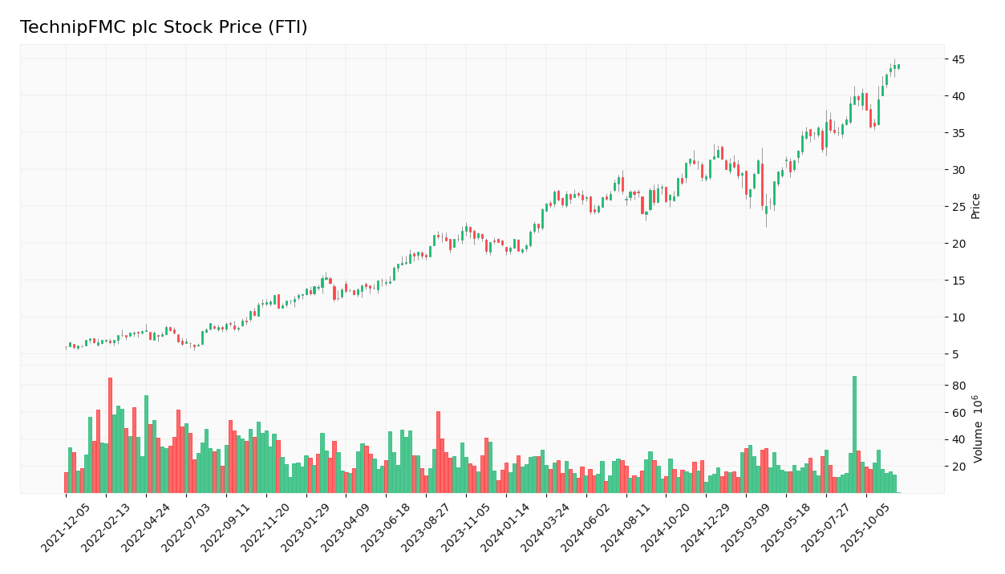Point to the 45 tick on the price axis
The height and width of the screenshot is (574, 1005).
point(958,59)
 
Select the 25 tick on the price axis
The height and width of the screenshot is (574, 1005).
point(958,207)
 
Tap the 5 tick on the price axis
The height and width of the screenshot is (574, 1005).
point(955,354)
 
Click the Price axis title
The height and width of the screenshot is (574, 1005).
point(975,206)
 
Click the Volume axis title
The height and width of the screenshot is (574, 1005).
point(978,429)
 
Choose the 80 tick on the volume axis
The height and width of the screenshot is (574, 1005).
point(958,386)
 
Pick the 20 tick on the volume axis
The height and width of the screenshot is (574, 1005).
point(958,467)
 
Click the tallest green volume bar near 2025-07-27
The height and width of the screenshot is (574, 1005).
point(854,434)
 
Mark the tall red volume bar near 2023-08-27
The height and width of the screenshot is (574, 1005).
point(438,451)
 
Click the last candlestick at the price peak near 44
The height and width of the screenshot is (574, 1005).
point(898,67)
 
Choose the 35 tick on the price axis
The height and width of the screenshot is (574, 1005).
point(958,133)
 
